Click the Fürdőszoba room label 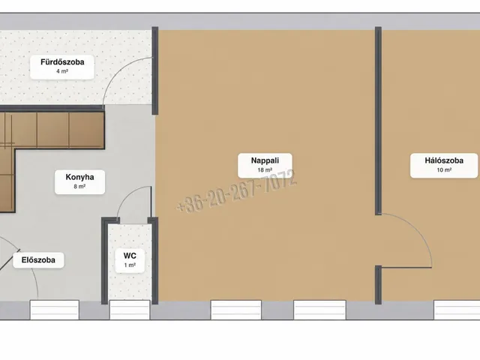click(x=62, y=62)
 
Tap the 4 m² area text click(x=62, y=71)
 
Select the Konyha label click(x=79, y=177)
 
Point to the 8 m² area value click(x=79, y=186)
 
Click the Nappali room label click(x=265, y=160)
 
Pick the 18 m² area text click(x=265, y=170)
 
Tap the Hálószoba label click(x=444, y=160)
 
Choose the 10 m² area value click(x=444, y=170)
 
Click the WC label click(x=130, y=256)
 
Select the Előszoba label click(x=38, y=260)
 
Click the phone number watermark click(x=237, y=191)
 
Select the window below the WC click(x=130, y=310)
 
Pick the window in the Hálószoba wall click(x=457, y=310)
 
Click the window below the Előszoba click(x=55, y=310)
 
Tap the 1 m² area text click(x=130, y=265)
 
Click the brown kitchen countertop click(x=52, y=130)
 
